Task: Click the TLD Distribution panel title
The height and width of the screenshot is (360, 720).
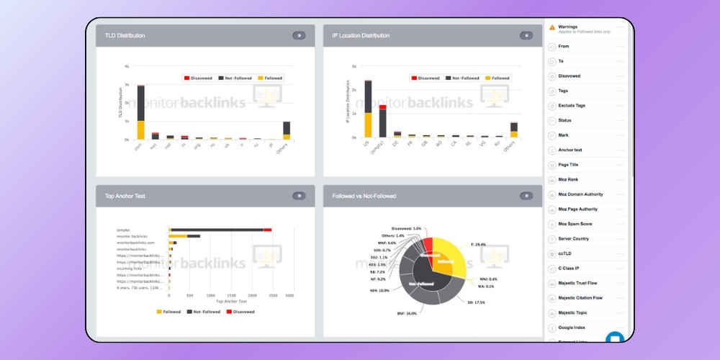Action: pyautogui.click(x=126, y=35)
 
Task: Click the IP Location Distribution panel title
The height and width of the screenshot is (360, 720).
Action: pyautogui.click(x=361, y=35)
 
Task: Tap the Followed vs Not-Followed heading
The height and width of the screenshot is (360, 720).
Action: pyautogui.click(x=364, y=196)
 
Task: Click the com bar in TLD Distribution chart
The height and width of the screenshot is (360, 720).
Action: pyautogui.click(x=141, y=112)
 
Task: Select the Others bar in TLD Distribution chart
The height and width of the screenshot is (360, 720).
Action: pyautogui.click(x=287, y=130)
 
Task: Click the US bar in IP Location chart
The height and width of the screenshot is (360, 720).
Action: pyautogui.click(x=368, y=108)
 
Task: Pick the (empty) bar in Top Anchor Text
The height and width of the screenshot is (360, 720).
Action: pyautogui.click(x=220, y=230)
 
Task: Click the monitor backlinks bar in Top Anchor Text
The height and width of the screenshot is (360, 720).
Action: pyautogui.click(x=184, y=236)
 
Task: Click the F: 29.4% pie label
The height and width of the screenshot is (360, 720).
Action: pyautogui.click(x=478, y=244)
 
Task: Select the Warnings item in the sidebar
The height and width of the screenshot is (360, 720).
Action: pyautogui.click(x=567, y=27)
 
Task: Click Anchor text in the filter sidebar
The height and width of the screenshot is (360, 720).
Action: pyautogui.click(x=570, y=150)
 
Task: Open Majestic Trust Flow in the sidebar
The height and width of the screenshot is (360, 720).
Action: pyautogui.click(x=580, y=283)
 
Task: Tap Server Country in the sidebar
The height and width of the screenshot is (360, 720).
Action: pyautogui.click(x=574, y=238)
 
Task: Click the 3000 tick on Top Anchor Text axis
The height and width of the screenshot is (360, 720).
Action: pyautogui.click(x=289, y=295)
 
